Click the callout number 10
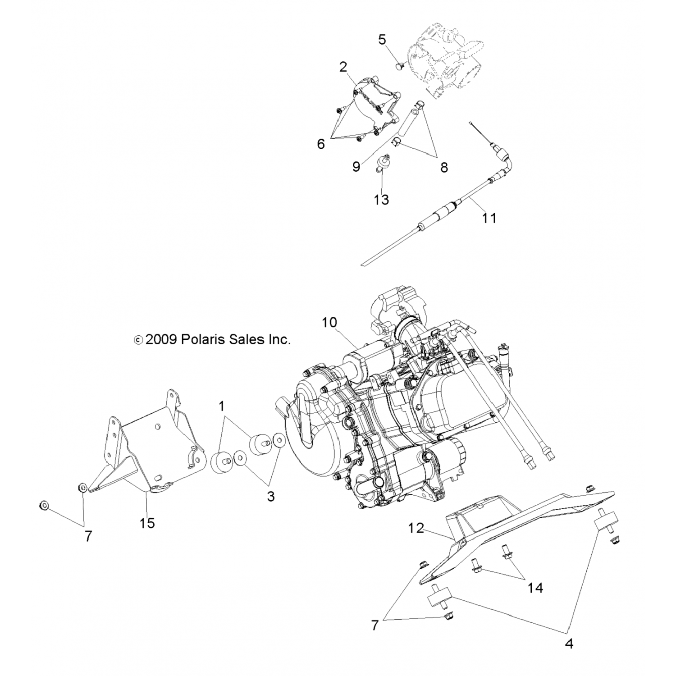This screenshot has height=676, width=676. tap(329, 323)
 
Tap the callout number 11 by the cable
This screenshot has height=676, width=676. tap(489, 218)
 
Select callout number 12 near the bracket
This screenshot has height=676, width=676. tap(416, 528)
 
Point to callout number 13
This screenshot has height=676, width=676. tap(381, 199)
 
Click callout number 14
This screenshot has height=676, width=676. tap(535, 588)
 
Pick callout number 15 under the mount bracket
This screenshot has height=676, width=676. tap(147, 523)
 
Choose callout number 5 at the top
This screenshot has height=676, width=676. tap(382, 40)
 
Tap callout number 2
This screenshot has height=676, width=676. tap(343, 67)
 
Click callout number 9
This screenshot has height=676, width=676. tap(356, 167)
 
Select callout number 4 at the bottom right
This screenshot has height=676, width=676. tap(569, 644)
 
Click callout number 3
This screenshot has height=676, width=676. tap(270, 496)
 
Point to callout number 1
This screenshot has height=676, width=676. tap(221, 407)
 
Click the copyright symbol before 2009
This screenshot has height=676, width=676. tap(138, 340)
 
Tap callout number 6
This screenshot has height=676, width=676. tap(321, 144)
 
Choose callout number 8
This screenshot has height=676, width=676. tap(444, 168)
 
